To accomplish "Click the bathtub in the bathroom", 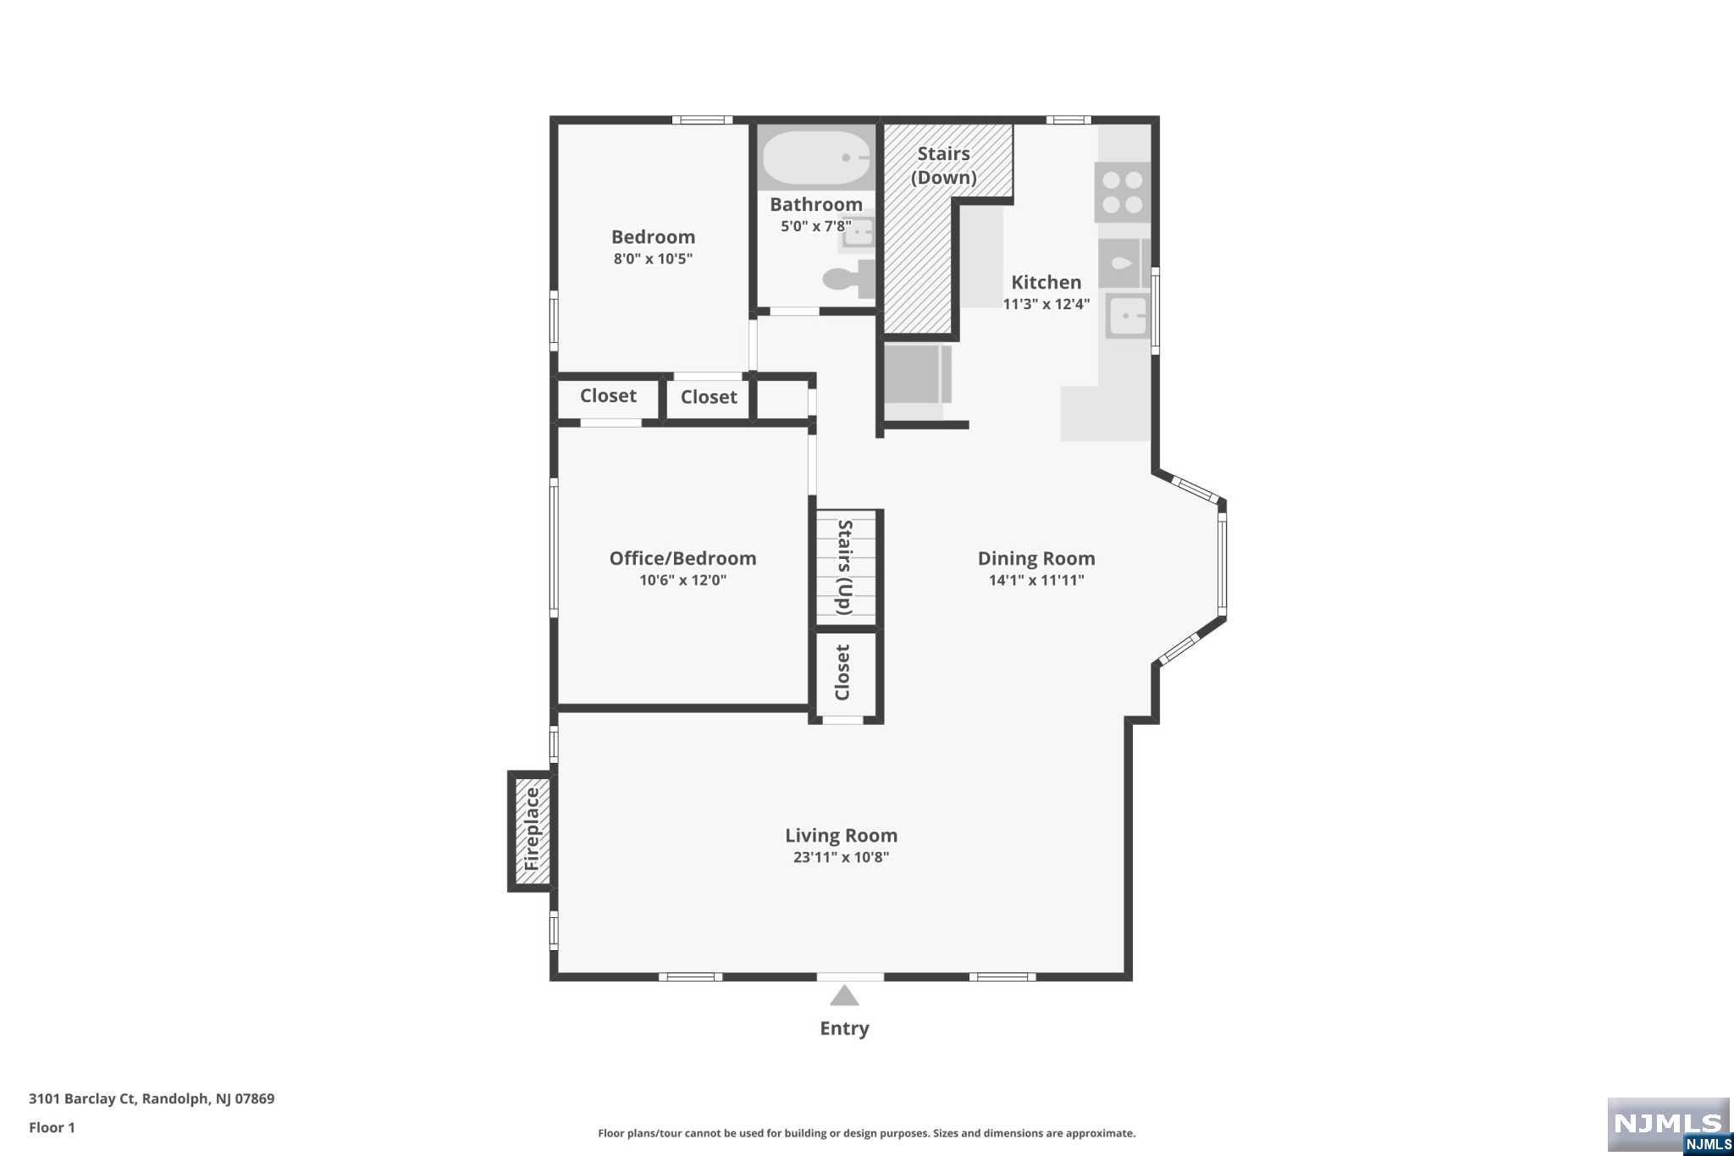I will tap(816, 158).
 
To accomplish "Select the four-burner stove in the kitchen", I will tap(1123, 192).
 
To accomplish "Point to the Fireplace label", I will tap(532, 830).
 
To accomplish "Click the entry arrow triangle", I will tap(844, 997).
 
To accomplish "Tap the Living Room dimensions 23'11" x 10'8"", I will tap(841, 857).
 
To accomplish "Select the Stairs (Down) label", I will tap(943, 165).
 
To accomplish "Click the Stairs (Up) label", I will tap(844, 567).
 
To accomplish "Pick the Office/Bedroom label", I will tap(682, 558).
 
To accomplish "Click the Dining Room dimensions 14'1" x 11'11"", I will tap(1035, 580).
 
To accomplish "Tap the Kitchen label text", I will tap(1046, 282).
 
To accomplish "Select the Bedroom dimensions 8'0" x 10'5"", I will tap(653, 259).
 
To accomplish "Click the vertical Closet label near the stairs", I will tap(842, 672).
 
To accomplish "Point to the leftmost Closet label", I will tap(608, 395).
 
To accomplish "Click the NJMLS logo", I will tap(1667, 1125).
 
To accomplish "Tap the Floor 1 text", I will tap(52, 1127).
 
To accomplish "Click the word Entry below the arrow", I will tap(844, 1028).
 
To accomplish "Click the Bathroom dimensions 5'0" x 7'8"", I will tap(815, 226).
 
